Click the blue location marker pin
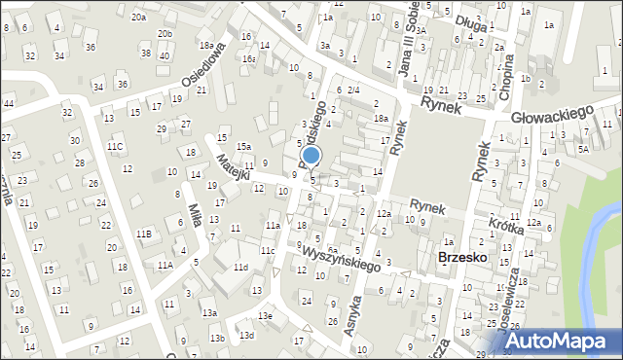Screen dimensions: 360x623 311,157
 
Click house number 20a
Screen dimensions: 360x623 139,18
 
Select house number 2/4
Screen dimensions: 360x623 353,90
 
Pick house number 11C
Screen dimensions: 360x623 115,146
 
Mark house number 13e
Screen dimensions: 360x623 265,316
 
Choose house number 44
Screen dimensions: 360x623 8,103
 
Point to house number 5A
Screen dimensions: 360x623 583,149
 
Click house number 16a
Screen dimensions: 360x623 249,59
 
